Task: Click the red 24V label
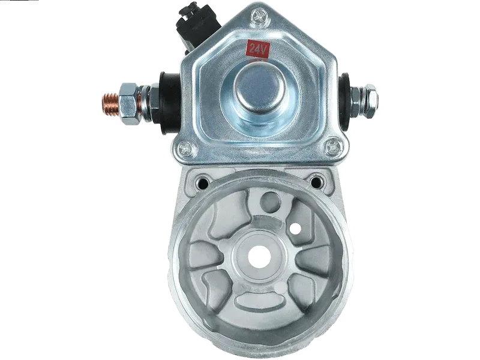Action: coord(258,49)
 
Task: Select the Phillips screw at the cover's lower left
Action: coord(185,148)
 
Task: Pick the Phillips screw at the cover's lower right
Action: coord(332,148)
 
